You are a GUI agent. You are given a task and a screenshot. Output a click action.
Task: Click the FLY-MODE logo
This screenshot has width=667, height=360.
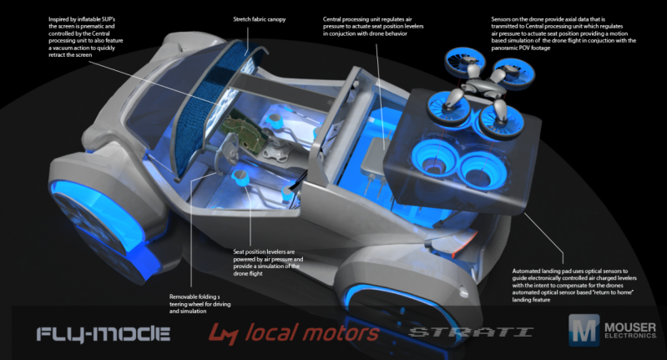click(104, 334)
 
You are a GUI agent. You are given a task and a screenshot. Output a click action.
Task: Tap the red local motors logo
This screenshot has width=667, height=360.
click(294, 333)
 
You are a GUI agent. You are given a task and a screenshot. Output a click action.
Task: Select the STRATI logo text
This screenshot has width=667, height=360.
click(470, 333)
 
